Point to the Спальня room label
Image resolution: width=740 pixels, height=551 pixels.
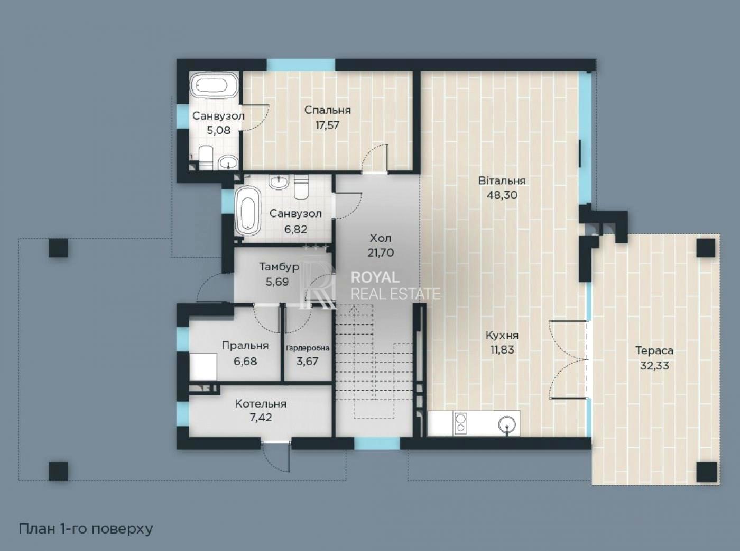coord(327,110)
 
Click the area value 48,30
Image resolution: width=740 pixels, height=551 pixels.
coord(502,195)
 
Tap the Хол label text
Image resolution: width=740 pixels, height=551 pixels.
coord(381,238)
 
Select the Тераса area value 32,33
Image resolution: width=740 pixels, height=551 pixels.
coord(654,366)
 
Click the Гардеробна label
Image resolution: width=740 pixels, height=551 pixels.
coord(308,348)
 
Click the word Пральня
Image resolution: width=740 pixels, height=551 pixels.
coord(245,346)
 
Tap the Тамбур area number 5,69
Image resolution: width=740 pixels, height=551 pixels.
coord(277,282)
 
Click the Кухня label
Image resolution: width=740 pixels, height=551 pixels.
coord(502,335)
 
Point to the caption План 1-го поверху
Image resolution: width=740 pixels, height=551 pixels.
coord(86,529)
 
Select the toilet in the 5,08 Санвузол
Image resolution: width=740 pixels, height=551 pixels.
coord(206,157)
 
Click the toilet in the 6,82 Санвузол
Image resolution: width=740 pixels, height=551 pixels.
coord(301,187)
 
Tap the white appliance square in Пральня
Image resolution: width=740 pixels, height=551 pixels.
coord(203,366)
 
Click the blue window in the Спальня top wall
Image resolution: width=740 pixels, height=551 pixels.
coord(301,65)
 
